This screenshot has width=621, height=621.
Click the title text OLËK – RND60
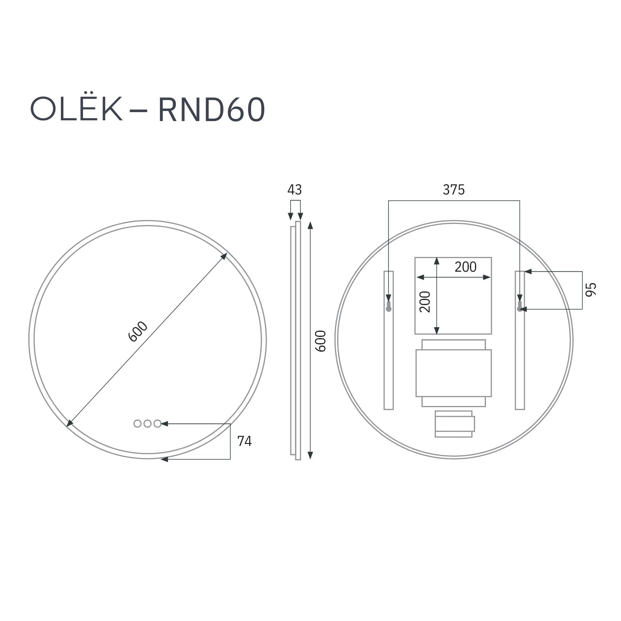tap(147, 110)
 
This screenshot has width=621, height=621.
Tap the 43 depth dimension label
tap(294, 190)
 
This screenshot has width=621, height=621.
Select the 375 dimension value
tap(453, 190)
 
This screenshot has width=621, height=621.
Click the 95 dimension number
tap(590, 290)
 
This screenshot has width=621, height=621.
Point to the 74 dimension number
tap(244, 441)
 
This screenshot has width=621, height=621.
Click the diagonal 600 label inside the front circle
tap(138, 332)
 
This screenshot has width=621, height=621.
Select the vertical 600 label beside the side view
tap(321, 341)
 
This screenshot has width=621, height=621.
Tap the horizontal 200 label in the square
tap(465, 267)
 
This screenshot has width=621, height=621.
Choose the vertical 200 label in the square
tap(425, 302)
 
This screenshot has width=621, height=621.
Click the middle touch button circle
tap(147, 424)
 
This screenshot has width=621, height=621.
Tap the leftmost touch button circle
tap(137, 424)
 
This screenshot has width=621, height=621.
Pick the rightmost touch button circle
tap(157, 424)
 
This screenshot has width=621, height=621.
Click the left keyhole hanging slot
tap(389, 308)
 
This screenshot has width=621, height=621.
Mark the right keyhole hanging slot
tap(519, 308)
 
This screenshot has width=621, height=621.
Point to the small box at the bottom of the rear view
tap(454, 424)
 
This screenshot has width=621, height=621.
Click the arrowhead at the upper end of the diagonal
tap(224, 256)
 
